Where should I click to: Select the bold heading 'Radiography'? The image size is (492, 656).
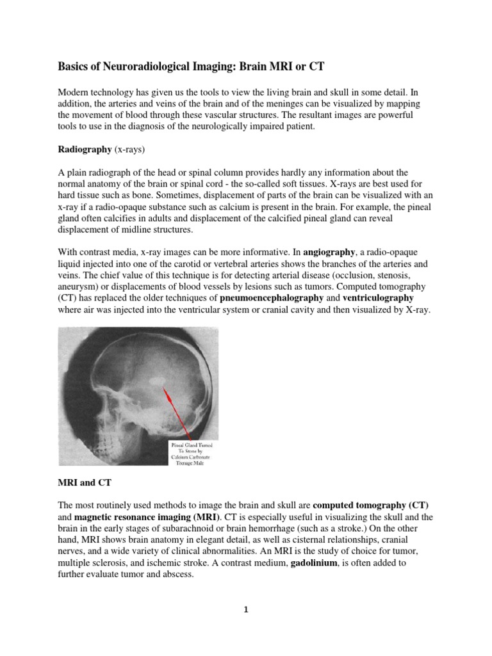point(85,149)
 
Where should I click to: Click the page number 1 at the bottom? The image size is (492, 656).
point(245,610)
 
